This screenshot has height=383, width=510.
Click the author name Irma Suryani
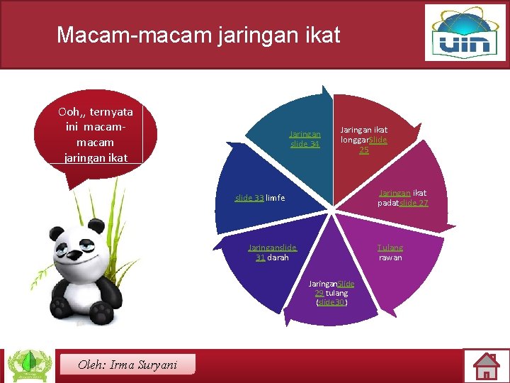pyautogui.click(x=127, y=365)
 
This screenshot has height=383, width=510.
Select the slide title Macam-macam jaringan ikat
pyautogui.click(x=198, y=34)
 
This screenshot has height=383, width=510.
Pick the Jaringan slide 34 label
pyautogui.click(x=305, y=139)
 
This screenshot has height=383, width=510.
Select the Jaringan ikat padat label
pyautogui.click(x=403, y=198)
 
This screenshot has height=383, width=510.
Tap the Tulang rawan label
pyautogui.click(x=390, y=252)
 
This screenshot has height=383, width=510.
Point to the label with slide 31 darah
pyautogui.click(x=272, y=252)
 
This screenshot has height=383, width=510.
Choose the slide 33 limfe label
pyautogui.click(x=259, y=198)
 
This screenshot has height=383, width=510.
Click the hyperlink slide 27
pyautogui.click(x=414, y=204)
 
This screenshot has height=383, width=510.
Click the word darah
pyautogui.click(x=278, y=257)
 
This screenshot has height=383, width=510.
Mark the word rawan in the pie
pyautogui.click(x=390, y=257)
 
